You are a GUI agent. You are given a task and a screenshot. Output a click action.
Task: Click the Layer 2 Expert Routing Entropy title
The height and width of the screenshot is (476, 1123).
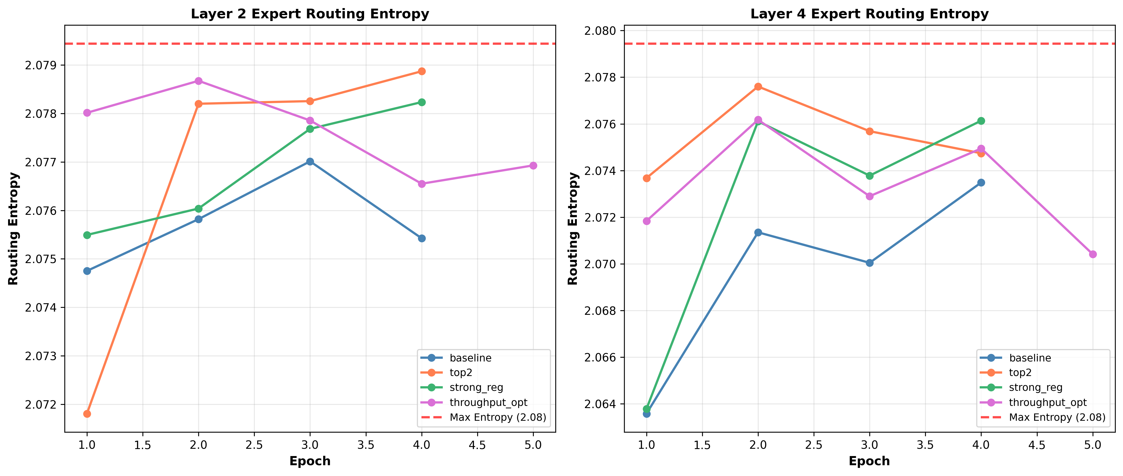pyautogui.click(x=310, y=14)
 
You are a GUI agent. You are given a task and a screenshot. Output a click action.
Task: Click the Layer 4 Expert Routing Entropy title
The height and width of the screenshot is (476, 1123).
pyautogui.click(x=869, y=14)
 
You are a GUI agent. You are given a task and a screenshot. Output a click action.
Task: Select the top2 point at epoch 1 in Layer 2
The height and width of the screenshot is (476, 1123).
pyautogui.click(x=87, y=414)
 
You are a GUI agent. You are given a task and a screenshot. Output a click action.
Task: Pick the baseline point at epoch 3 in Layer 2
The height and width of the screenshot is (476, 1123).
pyautogui.click(x=310, y=161)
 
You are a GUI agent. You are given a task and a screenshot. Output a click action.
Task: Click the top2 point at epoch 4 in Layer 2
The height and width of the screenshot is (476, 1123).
pyautogui.click(x=421, y=71)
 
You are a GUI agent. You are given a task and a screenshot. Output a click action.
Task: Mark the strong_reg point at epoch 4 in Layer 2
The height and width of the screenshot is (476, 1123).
pyautogui.click(x=421, y=102)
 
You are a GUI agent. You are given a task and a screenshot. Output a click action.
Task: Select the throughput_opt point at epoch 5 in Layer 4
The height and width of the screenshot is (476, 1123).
pyautogui.click(x=1093, y=254)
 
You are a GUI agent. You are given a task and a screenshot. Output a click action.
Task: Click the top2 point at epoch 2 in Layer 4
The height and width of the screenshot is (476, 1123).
pyautogui.click(x=758, y=87)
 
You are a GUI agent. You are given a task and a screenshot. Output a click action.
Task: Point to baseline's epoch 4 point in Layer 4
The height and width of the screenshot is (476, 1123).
pyautogui.click(x=981, y=182)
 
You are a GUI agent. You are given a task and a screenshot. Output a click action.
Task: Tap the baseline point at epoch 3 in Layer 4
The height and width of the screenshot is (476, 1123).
pyautogui.click(x=870, y=263)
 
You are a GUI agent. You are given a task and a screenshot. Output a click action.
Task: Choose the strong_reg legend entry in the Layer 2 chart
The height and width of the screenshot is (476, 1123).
pyautogui.click(x=476, y=387)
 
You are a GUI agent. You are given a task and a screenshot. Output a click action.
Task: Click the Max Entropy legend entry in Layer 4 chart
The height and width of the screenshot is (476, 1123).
pyautogui.click(x=1057, y=417)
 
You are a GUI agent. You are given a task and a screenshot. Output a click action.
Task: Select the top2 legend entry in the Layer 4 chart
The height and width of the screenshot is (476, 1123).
pyautogui.click(x=1020, y=372)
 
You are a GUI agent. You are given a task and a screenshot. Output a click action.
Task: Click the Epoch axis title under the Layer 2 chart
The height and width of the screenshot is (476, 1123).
pyautogui.click(x=310, y=461)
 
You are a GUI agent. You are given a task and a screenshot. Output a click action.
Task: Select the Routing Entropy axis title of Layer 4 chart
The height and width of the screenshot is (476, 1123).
pyautogui.click(x=573, y=229)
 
